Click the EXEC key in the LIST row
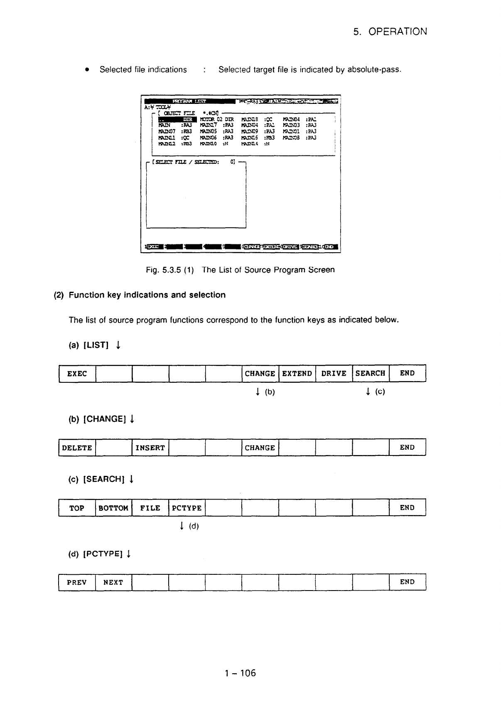pyautogui.click(x=77, y=373)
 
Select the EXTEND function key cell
pyautogui.click(x=297, y=373)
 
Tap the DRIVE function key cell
pyautogui.click(x=334, y=373)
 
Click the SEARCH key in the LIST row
pyautogui.click(x=371, y=373)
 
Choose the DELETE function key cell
pyautogui.click(x=77, y=448)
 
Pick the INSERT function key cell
pyautogui.click(x=150, y=448)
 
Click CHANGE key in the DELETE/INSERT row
pyautogui.click(x=260, y=448)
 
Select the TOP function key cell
pyautogui.click(x=77, y=508)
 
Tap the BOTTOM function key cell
pyautogui.click(x=113, y=508)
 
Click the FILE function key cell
pyautogui.click(x=150, y=508)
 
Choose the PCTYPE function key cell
pyautogui.click(x=187, y=508)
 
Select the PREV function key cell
pyautogui.click(x=77, y=582)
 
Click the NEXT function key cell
pyautogui.click(x=113, y=582)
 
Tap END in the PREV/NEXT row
pyautogui.click(x=407, y=582)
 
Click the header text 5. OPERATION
pyautogui.click(x=390, y=32)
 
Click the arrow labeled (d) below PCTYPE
pyautogui.click(x=182, y=527)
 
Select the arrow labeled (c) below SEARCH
pyautogui.click(x=368, y=391)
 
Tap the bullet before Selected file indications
pyautogui.click(x=87, y=70)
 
